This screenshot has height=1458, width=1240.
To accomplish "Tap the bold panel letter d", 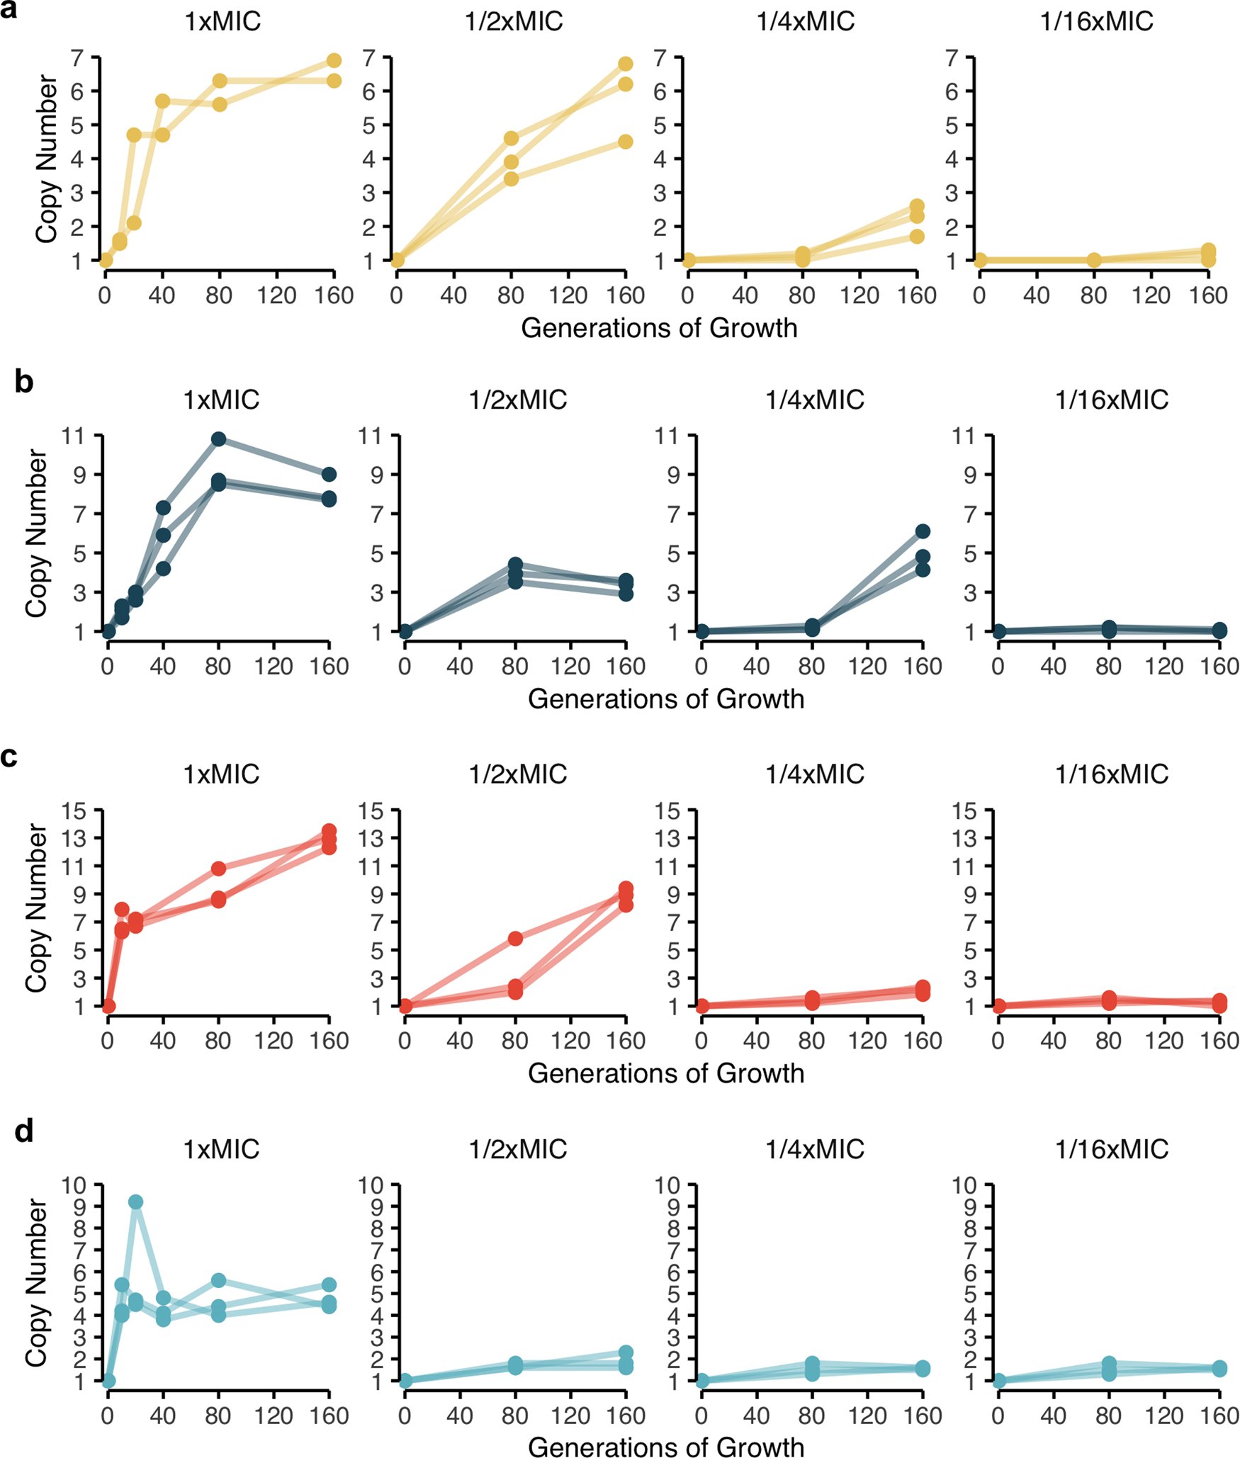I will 23,1131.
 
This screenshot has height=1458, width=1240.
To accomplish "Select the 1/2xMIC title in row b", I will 517,400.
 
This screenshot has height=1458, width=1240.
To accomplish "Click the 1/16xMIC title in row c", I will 1111,774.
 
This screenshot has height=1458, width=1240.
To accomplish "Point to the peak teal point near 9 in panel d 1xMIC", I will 135,1202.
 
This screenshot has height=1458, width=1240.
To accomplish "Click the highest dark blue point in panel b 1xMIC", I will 218,439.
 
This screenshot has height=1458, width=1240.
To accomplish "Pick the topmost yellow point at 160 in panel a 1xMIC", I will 334,60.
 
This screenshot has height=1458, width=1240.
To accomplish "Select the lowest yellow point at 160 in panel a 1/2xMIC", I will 625,142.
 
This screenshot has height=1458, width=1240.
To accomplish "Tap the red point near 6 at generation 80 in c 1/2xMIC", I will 515,939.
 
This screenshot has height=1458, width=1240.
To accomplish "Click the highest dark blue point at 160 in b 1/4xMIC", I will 922,531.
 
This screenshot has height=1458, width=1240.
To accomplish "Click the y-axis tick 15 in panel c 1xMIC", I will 74,810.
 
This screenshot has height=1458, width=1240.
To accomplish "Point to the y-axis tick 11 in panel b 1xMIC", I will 74,436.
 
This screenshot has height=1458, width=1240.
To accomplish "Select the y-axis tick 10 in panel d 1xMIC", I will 74,1185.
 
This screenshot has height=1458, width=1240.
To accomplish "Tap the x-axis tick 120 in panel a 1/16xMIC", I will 1151,296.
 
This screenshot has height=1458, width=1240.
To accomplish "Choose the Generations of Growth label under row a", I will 659,328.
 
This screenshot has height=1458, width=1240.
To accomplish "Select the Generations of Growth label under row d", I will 666,1447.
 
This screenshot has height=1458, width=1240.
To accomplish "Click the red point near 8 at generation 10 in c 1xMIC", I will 121,910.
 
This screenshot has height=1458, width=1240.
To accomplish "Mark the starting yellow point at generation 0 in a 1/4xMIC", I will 688,260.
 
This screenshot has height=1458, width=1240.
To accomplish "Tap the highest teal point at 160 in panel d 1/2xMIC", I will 626,1352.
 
